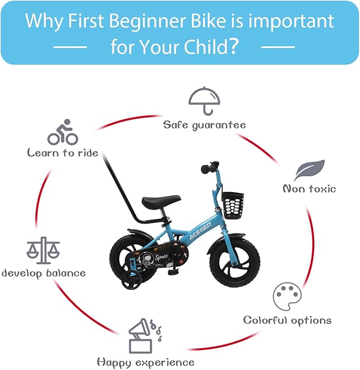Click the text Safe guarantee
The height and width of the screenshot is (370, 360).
[x=204, y=125]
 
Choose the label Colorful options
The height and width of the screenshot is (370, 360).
[x=287, y=320]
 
